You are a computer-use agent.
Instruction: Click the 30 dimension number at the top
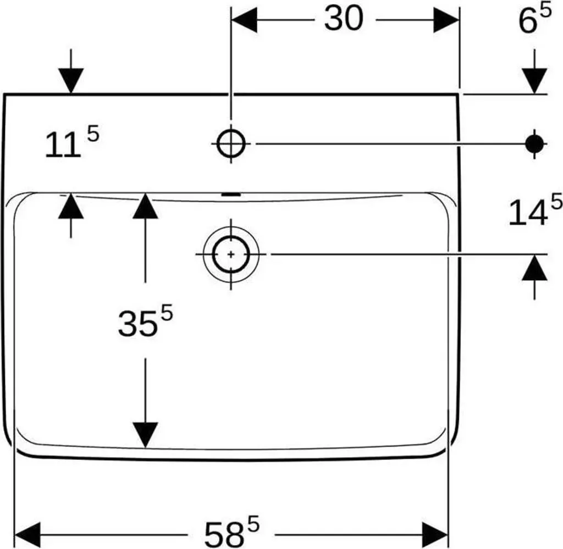tap(344, 19)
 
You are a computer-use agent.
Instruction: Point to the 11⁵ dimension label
tap(72, 142)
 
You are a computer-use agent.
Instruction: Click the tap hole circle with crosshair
tap(231, 143)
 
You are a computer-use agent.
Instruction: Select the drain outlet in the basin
tap(231, 254)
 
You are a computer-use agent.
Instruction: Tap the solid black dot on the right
tap(534, 143)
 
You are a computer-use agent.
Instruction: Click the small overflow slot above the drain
tap(231, 195)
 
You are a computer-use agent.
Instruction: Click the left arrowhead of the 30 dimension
tap(245, 20)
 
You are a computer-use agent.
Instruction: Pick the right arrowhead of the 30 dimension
tap(446, 20)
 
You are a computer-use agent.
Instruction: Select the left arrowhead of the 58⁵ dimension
tap(27, 535)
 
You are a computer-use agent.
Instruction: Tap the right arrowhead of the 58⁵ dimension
tap(435, 535)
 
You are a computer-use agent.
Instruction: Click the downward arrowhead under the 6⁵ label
tap(534, 81)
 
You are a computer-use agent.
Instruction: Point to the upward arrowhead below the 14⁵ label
tap(534, 267)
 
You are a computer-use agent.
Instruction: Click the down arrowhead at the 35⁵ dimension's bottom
tap(145, 435)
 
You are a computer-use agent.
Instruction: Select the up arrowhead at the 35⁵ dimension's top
tap(145, 206)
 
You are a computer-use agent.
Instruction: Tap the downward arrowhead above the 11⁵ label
tap(71, 81)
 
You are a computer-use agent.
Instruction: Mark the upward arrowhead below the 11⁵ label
tap(71, 206)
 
